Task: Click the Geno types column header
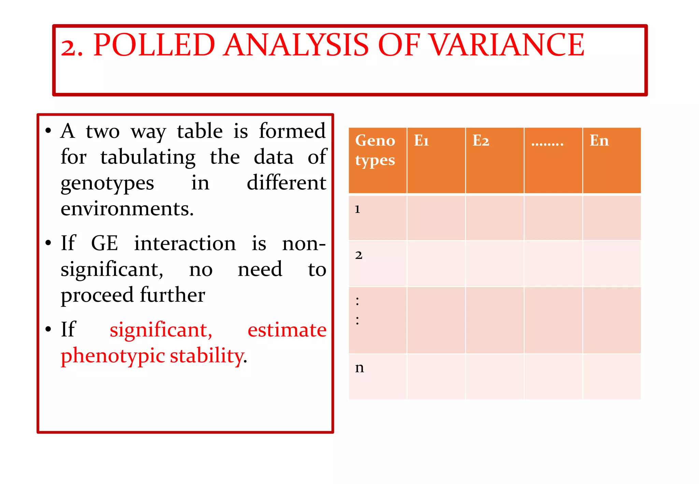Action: (x=375, y=150)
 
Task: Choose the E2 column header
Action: (x=481, y=141)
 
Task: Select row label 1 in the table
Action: (x=357, y=209)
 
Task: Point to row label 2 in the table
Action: (x=358, y=255)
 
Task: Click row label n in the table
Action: (x=359, y=368)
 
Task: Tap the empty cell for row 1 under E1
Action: (x=436, y=218)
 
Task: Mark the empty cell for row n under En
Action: (x=612, y=376)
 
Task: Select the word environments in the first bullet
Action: (x=127, y=209)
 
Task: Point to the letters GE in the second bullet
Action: (x=104, y=243)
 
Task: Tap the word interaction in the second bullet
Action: (x=185, y=243)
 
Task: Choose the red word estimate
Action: (x=287, y=330)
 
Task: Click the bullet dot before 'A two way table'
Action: (x=48, y=131)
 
